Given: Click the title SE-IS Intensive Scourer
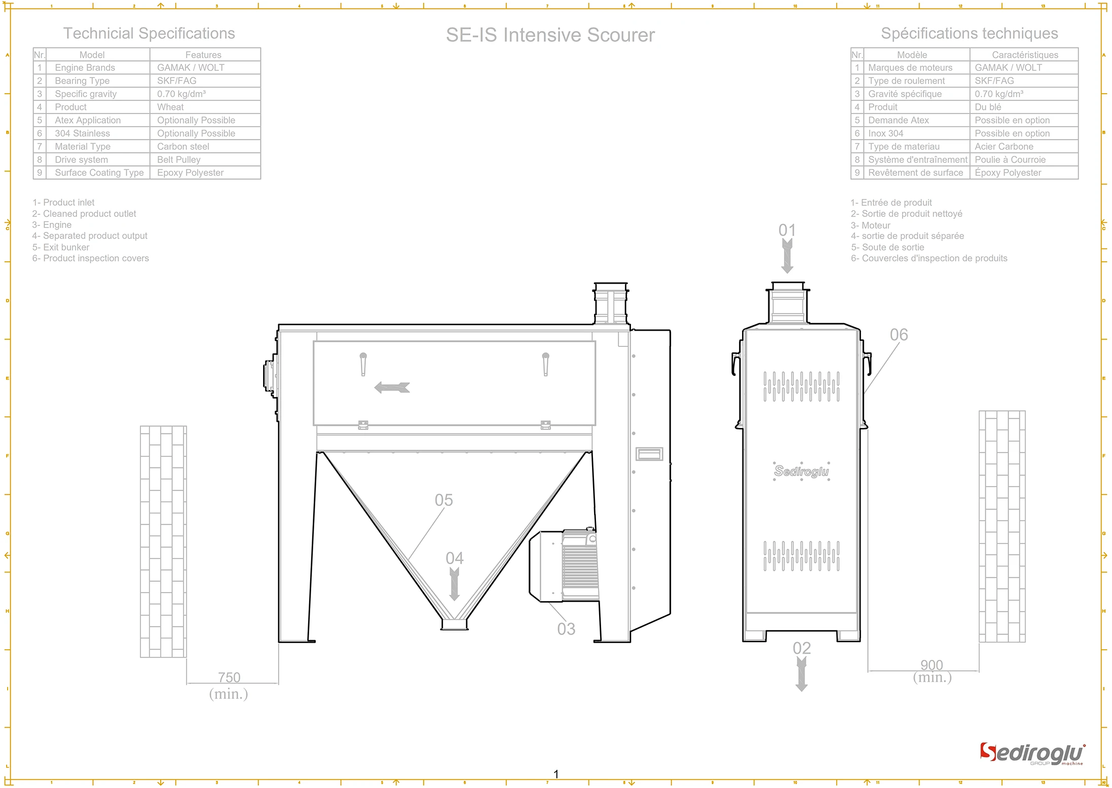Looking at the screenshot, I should tap(550, 35).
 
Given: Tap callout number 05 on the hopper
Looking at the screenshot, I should tap(443, 500).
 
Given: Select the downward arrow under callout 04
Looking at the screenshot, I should tap(455, 584).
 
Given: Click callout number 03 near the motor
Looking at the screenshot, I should tap(566, 629).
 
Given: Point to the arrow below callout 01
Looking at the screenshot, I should tap(787, 256).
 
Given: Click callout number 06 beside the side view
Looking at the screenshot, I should tap(899, 335).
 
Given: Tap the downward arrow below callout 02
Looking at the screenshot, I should tap(801, 674).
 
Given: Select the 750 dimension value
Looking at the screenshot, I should tap(229, 677).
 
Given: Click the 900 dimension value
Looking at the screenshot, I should tap(932, 664).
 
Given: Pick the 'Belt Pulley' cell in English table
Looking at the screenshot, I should tap(179, 160).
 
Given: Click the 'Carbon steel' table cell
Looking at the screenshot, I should tap(183, 146).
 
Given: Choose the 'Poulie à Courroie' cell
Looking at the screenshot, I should tap(1010, 160).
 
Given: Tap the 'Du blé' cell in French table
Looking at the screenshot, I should tap(988, 107).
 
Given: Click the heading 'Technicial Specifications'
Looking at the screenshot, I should tap(149, 33).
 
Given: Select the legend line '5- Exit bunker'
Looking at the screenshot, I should tap(61, 247).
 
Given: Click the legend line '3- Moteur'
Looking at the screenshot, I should tap(870, 225).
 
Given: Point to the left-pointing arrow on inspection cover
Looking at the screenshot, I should tap(392, 387).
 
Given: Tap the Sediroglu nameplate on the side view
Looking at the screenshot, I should tap(801, 471).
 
